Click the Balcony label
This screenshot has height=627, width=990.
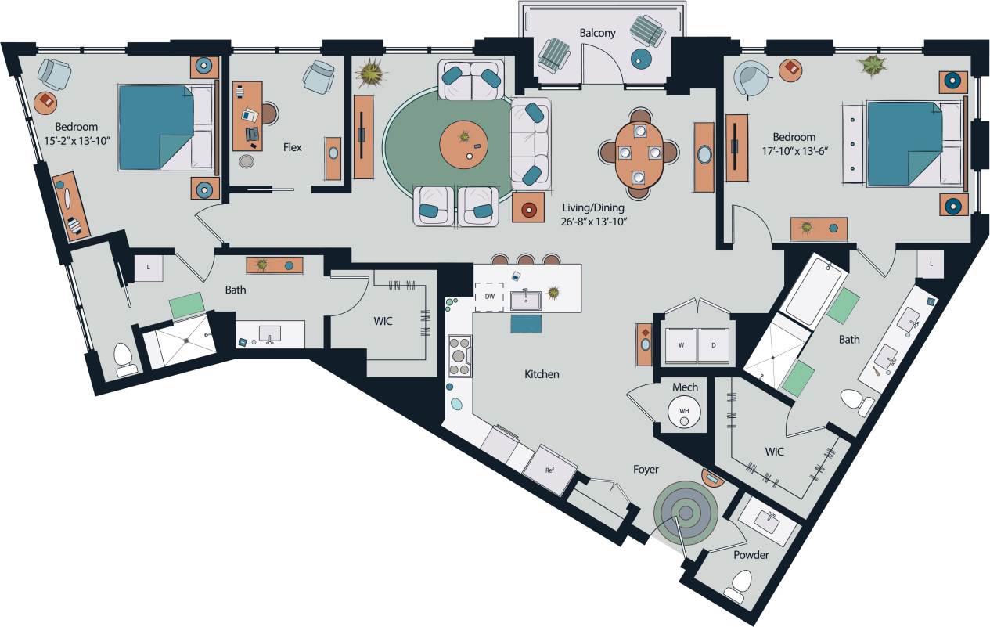[x=597, y=33]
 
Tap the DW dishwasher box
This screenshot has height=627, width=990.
[x=488, y=297]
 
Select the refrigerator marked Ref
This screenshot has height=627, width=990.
[x=551, y=470]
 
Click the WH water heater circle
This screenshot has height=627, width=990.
[x=685, y=411]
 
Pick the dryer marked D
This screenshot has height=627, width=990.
[x=713, y=345]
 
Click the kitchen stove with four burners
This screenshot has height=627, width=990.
[x=459, y=356]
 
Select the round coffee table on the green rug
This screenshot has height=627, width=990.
[x=464, y=145]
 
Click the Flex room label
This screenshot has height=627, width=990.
[x=292, y=147]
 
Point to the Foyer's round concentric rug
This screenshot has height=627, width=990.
[x=686, y=513]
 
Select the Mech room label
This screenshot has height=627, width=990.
[x=685, y=387]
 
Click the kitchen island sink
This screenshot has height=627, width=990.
[x=526, y=299]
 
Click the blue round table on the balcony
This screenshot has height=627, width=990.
[x=642, y=58]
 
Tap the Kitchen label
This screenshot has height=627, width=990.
[x=542, y=374]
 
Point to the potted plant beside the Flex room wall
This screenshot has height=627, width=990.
[x=370, y=74]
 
